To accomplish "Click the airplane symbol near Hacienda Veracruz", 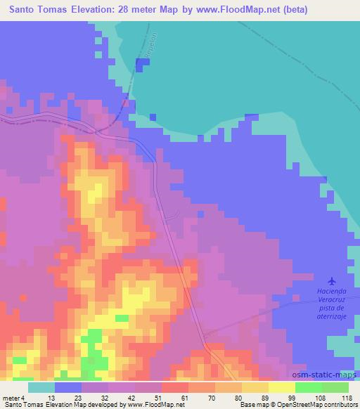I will tap(333, 280).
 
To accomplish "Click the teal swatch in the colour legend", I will tap(41, 387).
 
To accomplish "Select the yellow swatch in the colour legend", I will tap(281, 387).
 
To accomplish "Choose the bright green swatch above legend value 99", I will tap(308, 387).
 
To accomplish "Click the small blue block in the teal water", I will tap(143, 64).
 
